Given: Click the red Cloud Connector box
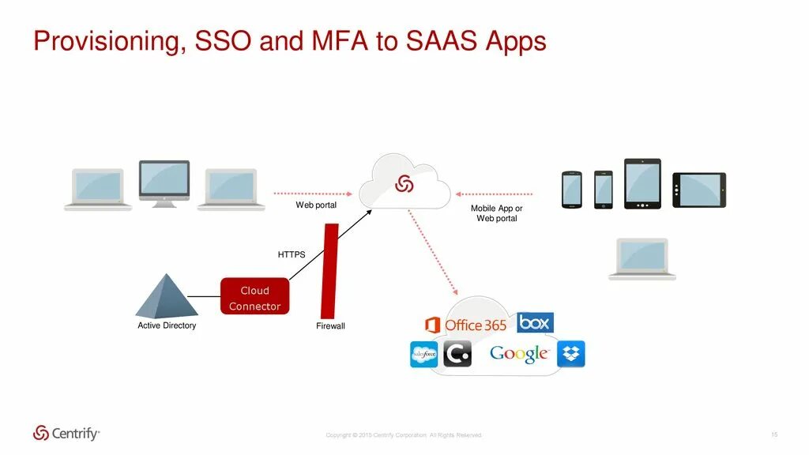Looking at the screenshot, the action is pyautogui.click(x=254, y=298).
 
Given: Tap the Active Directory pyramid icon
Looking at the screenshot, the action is pyautogui.click(x=166, y=296).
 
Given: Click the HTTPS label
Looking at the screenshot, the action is pyautogui.click(x=291, y=254).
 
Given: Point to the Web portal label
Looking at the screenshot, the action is pyautogui.click(x=316, y=205).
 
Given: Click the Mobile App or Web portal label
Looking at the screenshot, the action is pyautogui.click(x=496, y=213).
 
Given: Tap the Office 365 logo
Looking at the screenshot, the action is pyautogui.click(x=465, y=325).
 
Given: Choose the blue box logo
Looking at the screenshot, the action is pyautogui.click(x=535, y=322).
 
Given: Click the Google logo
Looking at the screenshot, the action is pyautogui.click(x=519, y=354).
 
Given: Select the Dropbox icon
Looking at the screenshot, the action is pyautogui.click(x=570, y=354).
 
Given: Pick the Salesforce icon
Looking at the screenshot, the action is pyautogui.click(x=423, y=355).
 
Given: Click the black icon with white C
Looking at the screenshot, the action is pyautogui.click(x=457, y=354).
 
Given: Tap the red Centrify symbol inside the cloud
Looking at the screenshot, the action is pyautogui.click(x=404, y=183).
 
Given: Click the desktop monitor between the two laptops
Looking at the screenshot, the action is pyautogui.click(x=164, y=182).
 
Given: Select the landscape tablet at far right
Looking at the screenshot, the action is pyautogui.click(x=698, y=190).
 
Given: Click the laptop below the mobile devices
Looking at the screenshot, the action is pyautogui.click(x=642, y=258).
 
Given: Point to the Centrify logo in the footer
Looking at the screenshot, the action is pyautogui.click(x=66, y=433).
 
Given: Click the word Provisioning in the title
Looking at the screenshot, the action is pyautogui.click(x=107, y=41).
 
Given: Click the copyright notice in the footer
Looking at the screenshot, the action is pyautogui.click(x=403, y=435).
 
